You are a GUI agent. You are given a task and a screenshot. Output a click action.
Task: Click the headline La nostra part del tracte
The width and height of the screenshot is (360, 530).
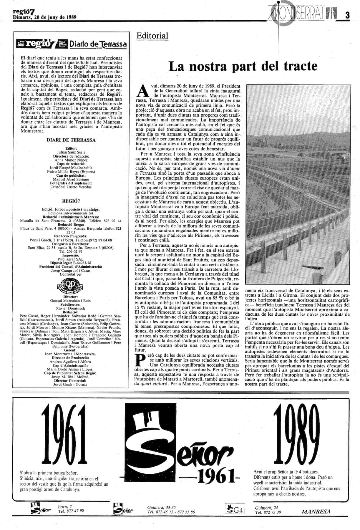pos(243,66)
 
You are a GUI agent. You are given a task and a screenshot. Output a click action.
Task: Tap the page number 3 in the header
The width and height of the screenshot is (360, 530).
pos(348,15)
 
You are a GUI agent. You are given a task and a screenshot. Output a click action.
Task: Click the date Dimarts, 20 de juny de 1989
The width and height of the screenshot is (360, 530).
pos(45,17)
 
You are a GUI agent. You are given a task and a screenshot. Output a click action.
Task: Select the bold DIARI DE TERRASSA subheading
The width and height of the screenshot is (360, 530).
pos(71,140)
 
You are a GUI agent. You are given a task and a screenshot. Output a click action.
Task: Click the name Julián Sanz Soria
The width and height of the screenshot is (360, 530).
pos(71,152)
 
